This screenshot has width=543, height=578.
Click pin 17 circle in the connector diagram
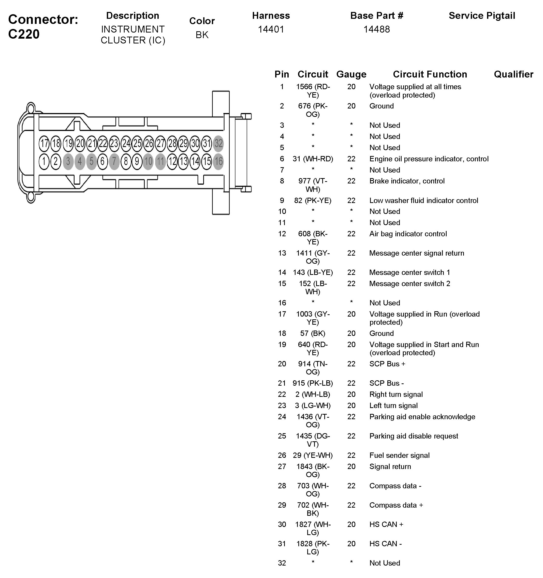[x=44, y=143]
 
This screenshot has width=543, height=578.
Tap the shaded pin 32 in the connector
[x=218, y=143]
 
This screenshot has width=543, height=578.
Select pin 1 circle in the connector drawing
[x=44, y=161]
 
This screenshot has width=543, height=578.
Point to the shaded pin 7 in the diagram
[x=114, y=161]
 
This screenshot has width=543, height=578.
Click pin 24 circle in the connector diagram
[x=126, y=143]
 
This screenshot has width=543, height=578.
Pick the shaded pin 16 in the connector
[x=218, y=161]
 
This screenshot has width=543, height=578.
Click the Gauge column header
[x=351, y=74]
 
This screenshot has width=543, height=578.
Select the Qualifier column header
[x=513, y=74]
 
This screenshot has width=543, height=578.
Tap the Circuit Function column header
[x=430, y=74]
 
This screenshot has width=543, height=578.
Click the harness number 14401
[x=271, y=29]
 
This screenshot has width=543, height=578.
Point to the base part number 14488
[x=377, y=29]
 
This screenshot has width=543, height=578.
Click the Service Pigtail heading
[x=482, y=16]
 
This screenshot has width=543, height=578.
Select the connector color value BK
[x=202, y=35]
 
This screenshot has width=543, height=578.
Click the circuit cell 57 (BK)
[x=313, y=334]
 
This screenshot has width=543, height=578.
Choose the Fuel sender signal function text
[x=399, y=456]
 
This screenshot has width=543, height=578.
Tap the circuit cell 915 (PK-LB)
[x=313, y=383]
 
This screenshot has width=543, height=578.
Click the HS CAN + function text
[x=386, y=524]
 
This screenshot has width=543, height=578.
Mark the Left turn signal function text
[x=393, y=405]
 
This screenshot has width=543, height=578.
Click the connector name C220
[x=24, y=34]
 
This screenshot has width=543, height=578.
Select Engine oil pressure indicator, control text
[x=429, y=159]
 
